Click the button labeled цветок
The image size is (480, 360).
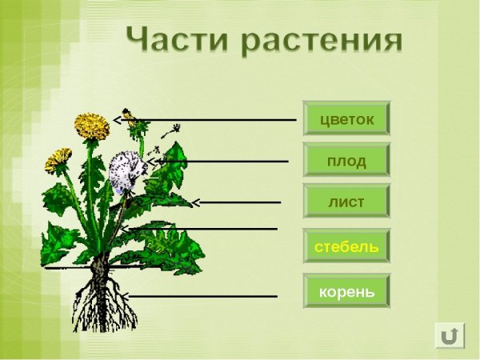coord(346,118)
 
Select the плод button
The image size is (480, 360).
coord(346,161)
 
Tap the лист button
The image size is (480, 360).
coord(346,202)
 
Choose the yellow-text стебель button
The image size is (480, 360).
coord(346,246)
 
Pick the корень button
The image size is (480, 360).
coord(346,291)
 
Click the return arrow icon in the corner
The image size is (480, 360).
coord(450,335)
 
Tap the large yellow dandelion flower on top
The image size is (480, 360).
coord(92,126)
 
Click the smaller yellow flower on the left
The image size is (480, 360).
coord(58,160)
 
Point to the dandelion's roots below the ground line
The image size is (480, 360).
coord(100,300)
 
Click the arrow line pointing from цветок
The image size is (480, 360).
coord(216,120)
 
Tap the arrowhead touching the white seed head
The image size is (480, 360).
coord(153,161)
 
